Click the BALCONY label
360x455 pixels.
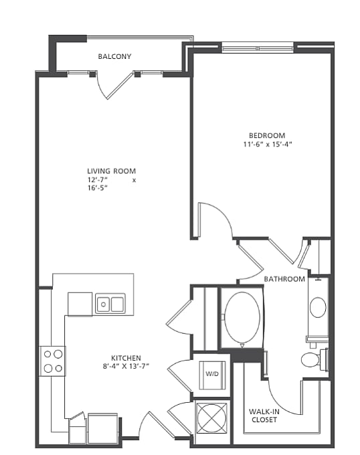pyautogui.click(x=114, y=56)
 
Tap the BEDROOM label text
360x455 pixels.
pyautogui.click(x=267, y=136)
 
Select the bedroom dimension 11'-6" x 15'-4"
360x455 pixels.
pyautogui.click(x=267, y=145)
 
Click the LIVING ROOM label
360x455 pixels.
pyautogui.click(x=111, y=171)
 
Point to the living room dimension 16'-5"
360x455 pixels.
pyautogui.click(x=98, y=188)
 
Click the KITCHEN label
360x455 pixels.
pyautogui.click(x=126, y=358)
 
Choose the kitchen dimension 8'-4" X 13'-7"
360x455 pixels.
pyautogui.click(x=126, y=367)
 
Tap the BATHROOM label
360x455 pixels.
pyautogui.click(x=284, y=279)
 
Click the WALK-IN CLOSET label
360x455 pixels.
pyautogui.click(x=264, y=416)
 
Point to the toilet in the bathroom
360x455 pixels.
pyautogui.click(x=314, y=360)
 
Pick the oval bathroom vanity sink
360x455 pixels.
pyautogui.click(x=318, y=307)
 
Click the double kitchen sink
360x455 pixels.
pyautogui.click(x=110, y=304)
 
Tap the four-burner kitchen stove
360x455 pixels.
pyautogui.click(x=52, y=361)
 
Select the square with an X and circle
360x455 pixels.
pyautogui.click(x=211, y=418)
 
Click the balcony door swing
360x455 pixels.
pyautogui.click(x=114, y=86)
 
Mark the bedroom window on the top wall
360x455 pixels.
pyautogui.click(x=258, y=48)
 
